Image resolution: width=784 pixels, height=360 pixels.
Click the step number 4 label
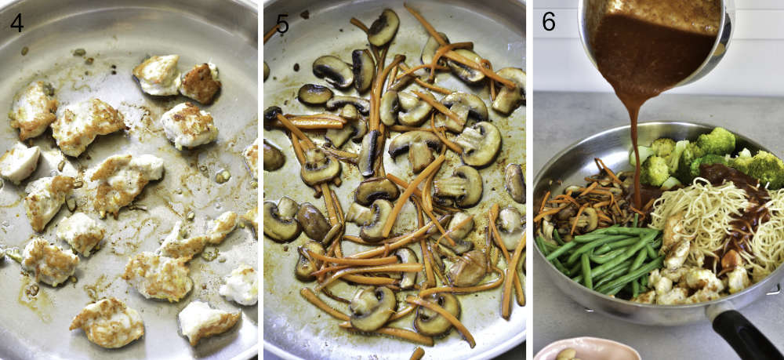16,23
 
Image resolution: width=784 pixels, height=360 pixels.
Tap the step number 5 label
282,24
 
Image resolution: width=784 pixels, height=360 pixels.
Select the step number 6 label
549,22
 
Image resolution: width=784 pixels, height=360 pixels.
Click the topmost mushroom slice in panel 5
383,27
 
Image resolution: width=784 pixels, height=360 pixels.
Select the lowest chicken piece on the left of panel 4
106,322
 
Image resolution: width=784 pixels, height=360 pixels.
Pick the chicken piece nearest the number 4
33,109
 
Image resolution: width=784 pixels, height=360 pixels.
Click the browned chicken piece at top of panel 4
200,82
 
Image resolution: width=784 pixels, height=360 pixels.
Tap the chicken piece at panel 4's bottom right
209,322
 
